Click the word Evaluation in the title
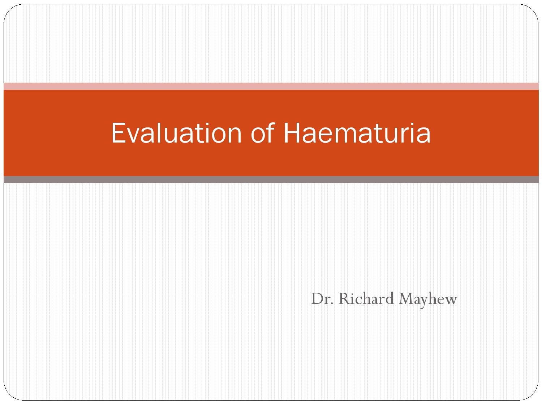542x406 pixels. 176,133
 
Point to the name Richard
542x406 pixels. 366,298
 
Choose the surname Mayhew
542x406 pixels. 428,299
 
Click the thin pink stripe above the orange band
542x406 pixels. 271,86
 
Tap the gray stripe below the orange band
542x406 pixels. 271,179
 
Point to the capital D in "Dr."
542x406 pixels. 317,298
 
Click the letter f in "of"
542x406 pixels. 271,132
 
